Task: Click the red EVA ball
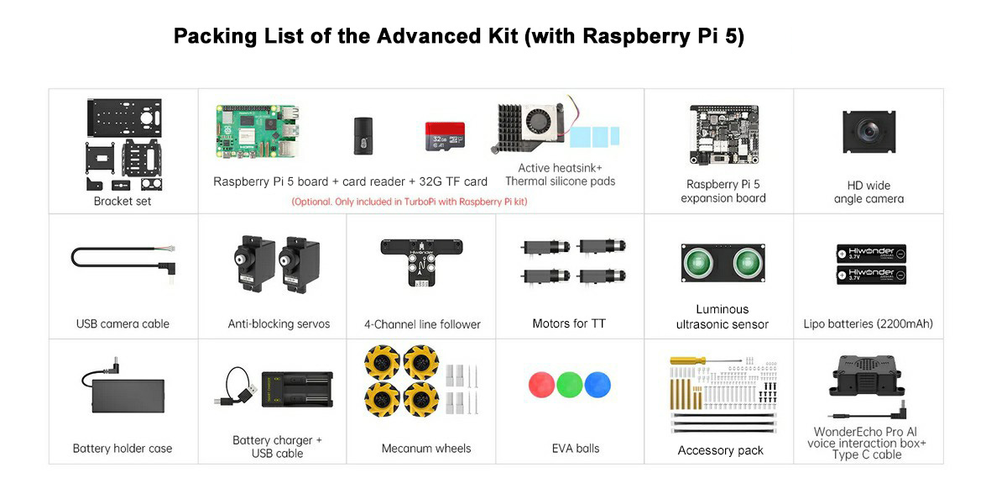(x=541, y=385)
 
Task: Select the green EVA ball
(x=570, y=385)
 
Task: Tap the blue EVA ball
(x=597, y=385)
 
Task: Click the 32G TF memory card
(x=445, y=136)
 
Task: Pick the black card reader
(x=363, y=136)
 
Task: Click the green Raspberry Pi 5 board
(x=258, y=131)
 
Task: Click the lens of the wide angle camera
(x=869, y=131)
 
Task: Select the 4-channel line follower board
(x=421, y=262)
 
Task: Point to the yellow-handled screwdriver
(x=706, y=360)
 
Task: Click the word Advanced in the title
(x=446, y=36)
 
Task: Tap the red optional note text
(x=410, y=202)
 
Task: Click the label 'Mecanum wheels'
(x=426, y=449)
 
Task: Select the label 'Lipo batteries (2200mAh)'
(x=868, y=323)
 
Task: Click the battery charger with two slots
(x=297, y=389)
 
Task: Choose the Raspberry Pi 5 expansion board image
(x=723, y=134)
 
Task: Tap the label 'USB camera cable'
(x=123, y=323)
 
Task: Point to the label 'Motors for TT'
(x=569, y=323)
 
